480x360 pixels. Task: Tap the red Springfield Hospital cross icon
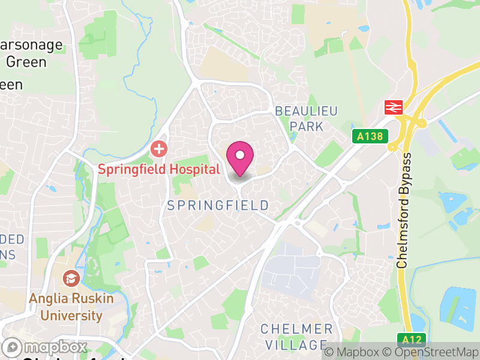tap(158, 148)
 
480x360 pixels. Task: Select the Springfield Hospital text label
tap(159, 169)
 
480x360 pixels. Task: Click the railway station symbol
tap(393, 107)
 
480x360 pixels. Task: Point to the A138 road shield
tap(369, 137)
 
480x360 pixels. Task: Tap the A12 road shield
tap(412, 340)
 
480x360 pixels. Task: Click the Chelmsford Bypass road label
tap(406, 211)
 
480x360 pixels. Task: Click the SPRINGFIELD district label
tap(218, 206)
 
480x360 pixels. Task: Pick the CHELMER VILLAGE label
tap(296, 337)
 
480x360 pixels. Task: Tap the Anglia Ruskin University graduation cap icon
tap(71, 278)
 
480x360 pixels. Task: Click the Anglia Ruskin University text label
tap(66, 306)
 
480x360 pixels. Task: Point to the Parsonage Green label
tap(26, 54)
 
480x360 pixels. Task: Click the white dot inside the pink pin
tap(240, 155)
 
